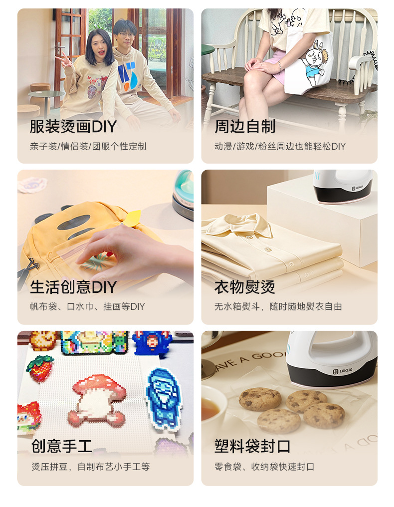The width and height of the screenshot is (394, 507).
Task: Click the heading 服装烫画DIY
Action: pos(73,127)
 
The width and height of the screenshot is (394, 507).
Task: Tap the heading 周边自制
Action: pos(245,127)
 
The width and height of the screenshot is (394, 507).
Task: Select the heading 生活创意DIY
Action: pos(73,287)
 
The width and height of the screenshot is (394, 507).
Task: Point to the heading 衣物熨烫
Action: pos(245,287)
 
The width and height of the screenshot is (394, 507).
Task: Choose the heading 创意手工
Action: pos(61,446)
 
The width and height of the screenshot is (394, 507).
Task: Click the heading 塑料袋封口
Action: pos(252,446)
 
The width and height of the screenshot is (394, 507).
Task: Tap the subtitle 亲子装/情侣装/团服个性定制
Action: pos(88,147)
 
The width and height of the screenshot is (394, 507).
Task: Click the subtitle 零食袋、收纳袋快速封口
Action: pos(264,467)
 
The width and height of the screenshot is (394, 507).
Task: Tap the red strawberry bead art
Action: pos(40,367)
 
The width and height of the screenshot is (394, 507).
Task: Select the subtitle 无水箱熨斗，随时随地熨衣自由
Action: pos(278,307)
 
